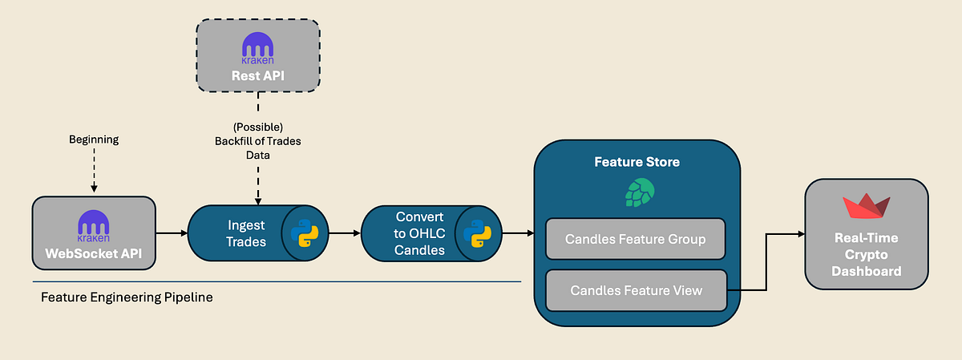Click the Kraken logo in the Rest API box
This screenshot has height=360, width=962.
point(258,47)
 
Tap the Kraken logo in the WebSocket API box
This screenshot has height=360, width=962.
point(93,224)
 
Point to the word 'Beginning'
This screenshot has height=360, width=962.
point(93,140)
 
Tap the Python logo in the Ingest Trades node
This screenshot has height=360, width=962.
point(305,233)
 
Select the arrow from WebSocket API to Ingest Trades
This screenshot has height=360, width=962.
point(171,233)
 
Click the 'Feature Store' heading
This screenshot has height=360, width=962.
point(637,162)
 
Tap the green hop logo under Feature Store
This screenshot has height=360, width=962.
point(639,192)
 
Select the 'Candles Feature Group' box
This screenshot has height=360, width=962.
point(636,239)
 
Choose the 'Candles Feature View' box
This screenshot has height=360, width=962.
point(636,290)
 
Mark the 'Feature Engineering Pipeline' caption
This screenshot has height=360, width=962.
point(127,297)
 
